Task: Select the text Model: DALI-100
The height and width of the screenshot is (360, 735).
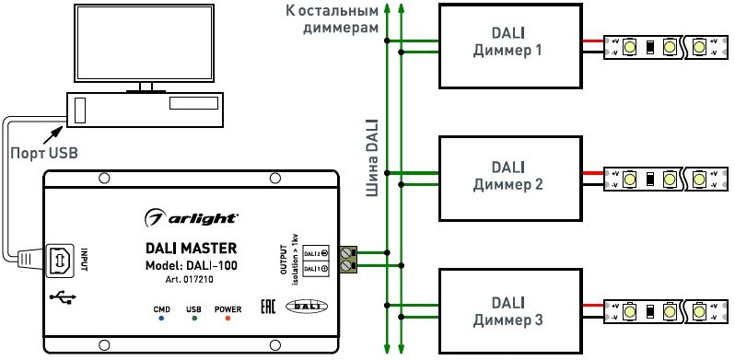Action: (192, 263)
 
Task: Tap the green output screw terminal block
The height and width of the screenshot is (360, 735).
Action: (347, 259)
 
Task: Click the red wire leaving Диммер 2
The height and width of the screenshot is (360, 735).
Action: (591, 173)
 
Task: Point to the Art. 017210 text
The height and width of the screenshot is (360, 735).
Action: (192, 279)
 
